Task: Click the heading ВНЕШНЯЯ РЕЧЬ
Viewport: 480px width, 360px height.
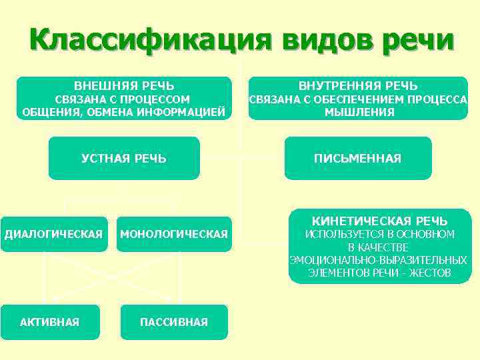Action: [124, 86]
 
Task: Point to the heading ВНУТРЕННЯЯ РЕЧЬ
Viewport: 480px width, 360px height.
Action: [358, 86]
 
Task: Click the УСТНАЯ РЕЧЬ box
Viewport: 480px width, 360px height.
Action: [124, 158]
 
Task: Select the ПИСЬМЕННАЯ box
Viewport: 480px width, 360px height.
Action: [358, 158]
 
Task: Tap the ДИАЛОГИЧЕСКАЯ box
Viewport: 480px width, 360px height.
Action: [54, 234]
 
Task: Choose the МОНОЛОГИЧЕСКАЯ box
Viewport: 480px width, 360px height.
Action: [174, 234]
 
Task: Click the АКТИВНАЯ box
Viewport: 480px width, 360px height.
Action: [50, 322]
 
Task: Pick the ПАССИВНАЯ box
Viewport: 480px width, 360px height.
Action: [174, 322]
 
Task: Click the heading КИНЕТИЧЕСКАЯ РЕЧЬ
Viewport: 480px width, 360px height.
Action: [380, 221]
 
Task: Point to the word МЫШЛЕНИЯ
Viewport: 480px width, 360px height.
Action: [359, 112]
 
